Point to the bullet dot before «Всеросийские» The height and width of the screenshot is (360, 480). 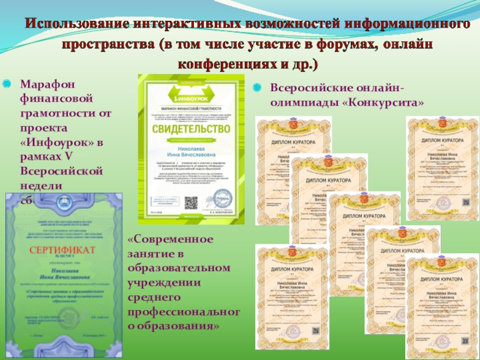click(257, 89)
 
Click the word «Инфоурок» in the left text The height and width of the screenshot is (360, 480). click(58, 142)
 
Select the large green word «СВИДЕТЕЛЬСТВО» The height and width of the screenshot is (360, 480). click(191, 130)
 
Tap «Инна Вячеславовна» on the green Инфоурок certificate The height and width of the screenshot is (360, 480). click(191, 155)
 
